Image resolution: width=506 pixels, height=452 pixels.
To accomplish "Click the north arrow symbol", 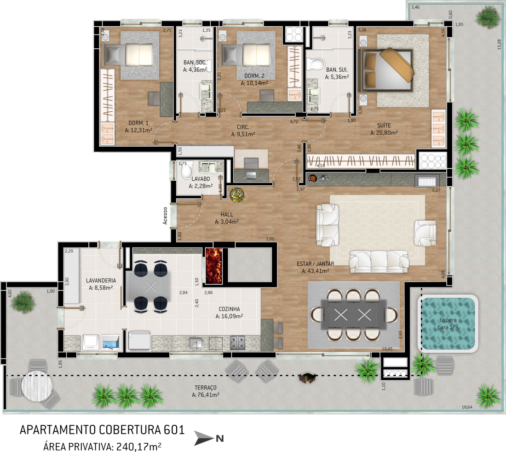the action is pos(204,438).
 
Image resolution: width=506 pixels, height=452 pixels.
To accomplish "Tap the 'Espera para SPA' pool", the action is pos(448,324).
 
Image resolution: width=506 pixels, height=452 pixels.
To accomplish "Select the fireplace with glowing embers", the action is pos(214,266).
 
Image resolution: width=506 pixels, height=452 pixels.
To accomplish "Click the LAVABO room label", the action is pos(201,179).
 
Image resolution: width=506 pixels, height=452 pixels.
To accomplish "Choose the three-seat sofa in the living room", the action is pos(379,262).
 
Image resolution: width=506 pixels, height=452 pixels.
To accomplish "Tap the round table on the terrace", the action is pos(37,385).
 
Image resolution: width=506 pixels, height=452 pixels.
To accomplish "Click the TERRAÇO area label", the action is pos(206,388).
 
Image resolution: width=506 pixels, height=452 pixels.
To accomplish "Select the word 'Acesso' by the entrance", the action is pos(165,216).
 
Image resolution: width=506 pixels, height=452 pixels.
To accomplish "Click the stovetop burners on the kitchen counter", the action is pos(237,343).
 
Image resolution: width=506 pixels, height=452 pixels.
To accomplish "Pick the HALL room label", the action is pos(227,215).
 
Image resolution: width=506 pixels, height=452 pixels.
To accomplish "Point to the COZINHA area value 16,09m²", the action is pos(230,316).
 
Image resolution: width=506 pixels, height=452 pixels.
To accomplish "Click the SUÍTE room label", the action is pos(384,126).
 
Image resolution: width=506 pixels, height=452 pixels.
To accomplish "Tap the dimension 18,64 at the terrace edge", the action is pos(467,407).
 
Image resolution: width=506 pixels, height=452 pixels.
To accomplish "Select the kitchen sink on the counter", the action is pos(196,343).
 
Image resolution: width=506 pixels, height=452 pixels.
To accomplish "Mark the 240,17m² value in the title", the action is pos(139,447).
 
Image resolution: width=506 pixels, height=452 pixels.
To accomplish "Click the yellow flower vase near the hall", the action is pos(237,195).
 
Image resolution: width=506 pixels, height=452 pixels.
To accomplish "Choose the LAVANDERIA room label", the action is pos(101,280).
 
